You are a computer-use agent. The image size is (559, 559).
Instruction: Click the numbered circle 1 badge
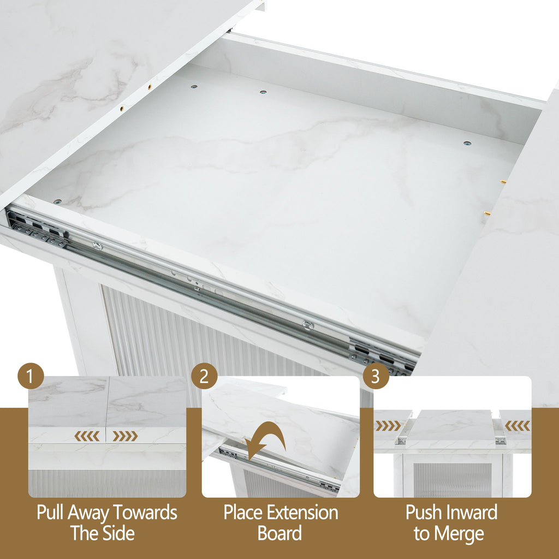point(31,376)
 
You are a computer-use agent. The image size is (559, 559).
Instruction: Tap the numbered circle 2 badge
point(204,376)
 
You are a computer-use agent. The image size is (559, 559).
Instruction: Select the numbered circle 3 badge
point(376,376)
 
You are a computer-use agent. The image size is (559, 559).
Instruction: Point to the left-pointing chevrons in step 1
point(87,436)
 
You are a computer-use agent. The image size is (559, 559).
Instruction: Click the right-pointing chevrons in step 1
point(125,436)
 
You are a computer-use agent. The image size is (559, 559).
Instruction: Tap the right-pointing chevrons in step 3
point(388,426)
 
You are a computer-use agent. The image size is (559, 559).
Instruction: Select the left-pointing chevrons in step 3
point(518,426)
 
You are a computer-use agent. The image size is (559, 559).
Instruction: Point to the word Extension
point(304,513)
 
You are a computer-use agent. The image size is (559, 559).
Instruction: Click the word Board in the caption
point(279,533)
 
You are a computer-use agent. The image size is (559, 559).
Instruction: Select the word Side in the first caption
point(117,533)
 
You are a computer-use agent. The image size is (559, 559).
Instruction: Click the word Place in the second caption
point(244,513)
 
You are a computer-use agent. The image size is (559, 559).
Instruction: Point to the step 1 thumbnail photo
point(108,437)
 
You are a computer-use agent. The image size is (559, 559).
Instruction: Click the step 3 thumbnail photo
point(453,437)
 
